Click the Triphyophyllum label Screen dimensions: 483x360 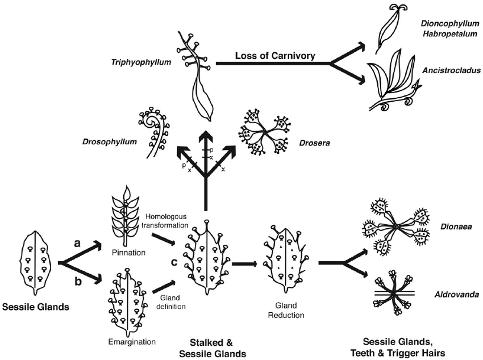(x=141, y=62)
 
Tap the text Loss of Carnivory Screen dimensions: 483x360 (x=276, y=56)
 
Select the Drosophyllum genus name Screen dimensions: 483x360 (x=109, y=142)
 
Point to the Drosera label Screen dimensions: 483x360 (x=314, y=143)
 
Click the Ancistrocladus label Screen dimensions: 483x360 (x=451, y=70)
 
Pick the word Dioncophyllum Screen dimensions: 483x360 (x=450, y=23)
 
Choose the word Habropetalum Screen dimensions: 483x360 (x=449, y=34)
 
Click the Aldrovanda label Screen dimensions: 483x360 (x=457, y=295)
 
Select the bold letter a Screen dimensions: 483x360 (x=77, y=244)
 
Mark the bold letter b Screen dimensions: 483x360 (x=78, y=281)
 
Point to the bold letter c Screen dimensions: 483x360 (x=174, y=262)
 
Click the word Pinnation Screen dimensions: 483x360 (x=129, y=253)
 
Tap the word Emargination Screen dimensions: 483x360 (x=132, y=342)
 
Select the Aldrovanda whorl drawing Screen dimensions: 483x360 (x=394, y=292)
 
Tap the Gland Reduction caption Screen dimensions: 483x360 (x=286, y=310)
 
